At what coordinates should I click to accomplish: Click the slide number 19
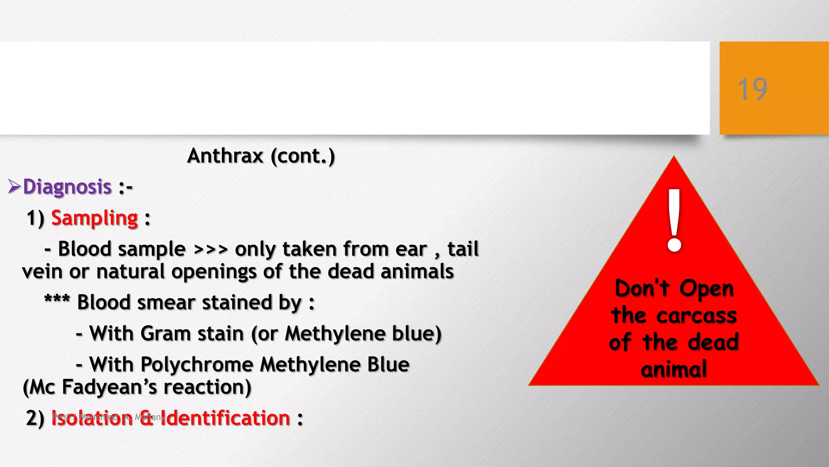coord(752,89)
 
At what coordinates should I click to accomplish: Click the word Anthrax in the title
coord(225,156)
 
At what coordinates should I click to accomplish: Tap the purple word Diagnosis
coord(67,187)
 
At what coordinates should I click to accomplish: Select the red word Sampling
coord(95,218)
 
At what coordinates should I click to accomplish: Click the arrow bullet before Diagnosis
coord(14,186)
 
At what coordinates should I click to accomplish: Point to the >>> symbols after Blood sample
coord(210,249)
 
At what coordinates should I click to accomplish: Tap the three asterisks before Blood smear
coord(57,301)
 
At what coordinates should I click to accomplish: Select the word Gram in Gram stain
coord(165,334)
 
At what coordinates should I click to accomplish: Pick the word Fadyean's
coord(109,387)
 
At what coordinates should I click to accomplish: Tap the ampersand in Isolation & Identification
coord(146,418)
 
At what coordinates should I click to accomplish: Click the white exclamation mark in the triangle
coord(674,221)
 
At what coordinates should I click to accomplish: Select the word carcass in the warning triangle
coord(697,315)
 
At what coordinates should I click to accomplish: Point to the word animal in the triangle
coord(674,369)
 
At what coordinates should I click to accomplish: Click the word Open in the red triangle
coord(706,289)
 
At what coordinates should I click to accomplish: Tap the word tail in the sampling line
coord(463,249)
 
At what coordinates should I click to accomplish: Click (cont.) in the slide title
coord(303,156)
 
